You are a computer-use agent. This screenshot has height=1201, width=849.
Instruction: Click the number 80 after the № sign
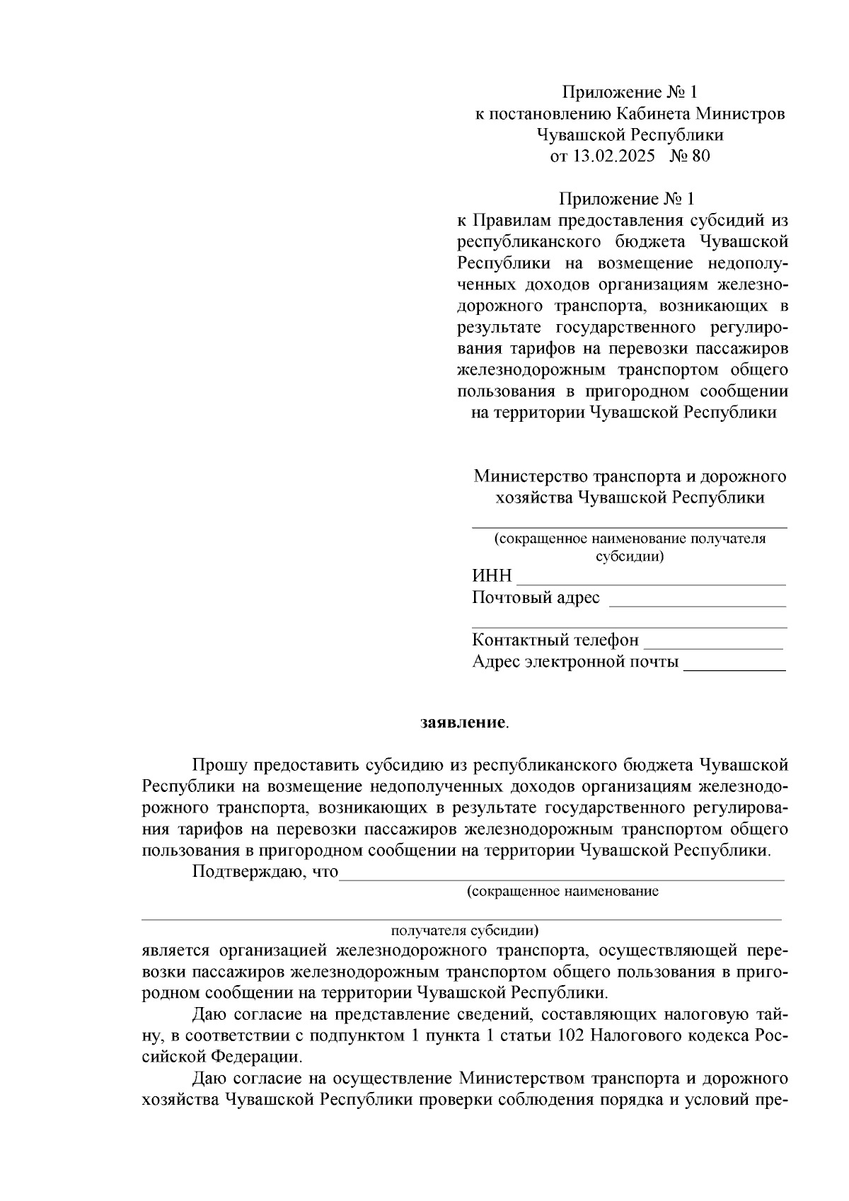click(x=699, y=156)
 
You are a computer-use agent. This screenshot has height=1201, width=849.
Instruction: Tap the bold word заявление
click(x=463, y=723)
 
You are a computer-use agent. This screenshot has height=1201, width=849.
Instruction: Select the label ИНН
click(x=491, y=576)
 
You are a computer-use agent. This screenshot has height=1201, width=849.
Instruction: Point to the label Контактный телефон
click(x=555, y=640)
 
